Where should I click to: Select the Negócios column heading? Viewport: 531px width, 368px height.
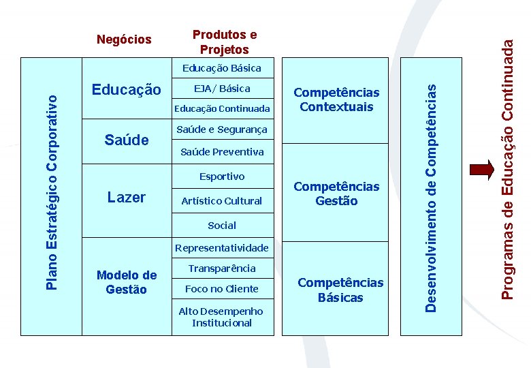tap(124, 40)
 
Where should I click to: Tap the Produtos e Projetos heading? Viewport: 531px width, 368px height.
tap(225, 42)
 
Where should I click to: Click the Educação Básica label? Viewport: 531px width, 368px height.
tap(221, 68)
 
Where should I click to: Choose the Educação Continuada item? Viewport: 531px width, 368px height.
tap(222, 108)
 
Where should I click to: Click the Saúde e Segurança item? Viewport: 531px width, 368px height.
tap(222, 129)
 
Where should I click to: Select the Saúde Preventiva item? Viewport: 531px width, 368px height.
tap(222, 152)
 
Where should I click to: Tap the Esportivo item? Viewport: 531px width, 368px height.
tap(222, 177)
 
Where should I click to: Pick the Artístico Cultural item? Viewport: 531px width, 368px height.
tap(222, 201)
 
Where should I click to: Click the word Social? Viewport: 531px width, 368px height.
tap(222, 226)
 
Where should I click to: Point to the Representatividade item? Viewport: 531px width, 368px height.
tap(222, 248)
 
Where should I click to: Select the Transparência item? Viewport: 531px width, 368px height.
tap(222, 269)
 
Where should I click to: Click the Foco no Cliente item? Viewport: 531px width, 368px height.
tap(222, 289)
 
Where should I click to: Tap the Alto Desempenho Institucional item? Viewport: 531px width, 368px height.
tap(222, 317)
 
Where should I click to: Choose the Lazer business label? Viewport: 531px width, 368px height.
tap(127, 198)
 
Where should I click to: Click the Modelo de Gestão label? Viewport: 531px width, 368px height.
tap(127, 282)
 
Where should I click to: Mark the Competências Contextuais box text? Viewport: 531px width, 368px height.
tap(336, 99)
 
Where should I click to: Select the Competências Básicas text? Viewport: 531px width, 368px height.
tap(340, 290)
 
